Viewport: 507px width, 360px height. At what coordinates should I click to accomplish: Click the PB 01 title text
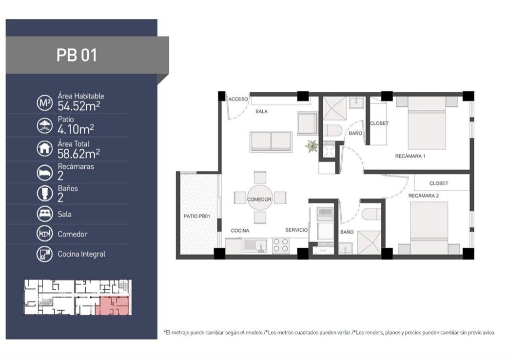(x=77, y=55)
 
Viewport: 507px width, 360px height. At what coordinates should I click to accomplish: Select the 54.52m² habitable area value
(x=78, y=106)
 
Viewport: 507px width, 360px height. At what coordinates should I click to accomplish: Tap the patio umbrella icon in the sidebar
(x=45, y=125)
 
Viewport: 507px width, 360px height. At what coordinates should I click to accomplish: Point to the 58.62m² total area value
(x=78, y=154)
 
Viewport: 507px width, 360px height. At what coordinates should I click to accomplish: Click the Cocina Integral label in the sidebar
(x=81, y=254)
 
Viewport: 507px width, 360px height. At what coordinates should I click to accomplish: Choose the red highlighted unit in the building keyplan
(x=114, y=306)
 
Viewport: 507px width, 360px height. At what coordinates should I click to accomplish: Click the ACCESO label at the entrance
(x=238, y=100)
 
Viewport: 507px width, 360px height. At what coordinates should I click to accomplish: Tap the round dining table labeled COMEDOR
(x=260, y=198)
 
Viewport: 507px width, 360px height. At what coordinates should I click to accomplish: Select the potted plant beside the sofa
(x=312, y=146)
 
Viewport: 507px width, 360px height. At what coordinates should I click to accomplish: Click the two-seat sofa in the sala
(x=271, y=141)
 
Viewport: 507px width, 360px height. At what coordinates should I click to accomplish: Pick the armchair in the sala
(x=308, y=123)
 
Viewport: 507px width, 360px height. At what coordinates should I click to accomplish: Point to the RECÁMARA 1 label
(x=410, y=156)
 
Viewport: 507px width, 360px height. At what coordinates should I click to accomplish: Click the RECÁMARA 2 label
(x=424, y=196)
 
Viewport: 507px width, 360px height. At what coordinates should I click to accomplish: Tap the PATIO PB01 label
(x=197, y=216)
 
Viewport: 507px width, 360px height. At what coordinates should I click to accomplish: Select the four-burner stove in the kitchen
(x=281, y=245)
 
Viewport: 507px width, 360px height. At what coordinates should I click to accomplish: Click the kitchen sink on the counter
(x=255, y=245)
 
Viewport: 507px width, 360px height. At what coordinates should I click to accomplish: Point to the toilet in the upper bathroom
(x=332, y=130)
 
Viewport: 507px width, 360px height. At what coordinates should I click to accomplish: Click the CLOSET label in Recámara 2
(x=439, y=183)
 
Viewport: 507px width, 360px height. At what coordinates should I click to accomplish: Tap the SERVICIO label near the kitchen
(x=296, y=230)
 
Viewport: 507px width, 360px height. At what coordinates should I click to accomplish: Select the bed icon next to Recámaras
(x=45, y=172)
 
